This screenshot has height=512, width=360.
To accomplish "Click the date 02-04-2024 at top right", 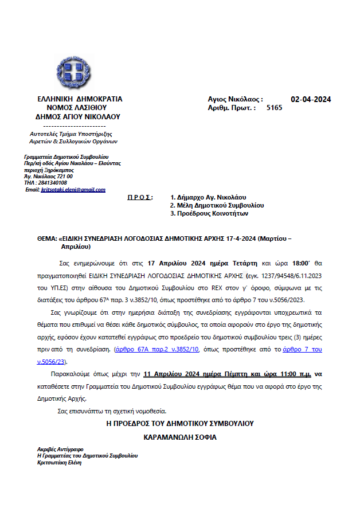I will (311, 99).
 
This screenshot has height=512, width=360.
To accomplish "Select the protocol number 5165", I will (274, 107).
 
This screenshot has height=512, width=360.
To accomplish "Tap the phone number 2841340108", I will (51, 183).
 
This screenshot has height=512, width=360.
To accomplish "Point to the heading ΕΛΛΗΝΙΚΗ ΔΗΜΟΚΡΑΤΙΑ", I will (79, 99).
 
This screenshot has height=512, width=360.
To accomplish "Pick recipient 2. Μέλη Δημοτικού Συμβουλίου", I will (217, 205).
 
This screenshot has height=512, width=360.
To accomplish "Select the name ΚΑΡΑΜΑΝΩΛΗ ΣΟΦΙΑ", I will (180, 437).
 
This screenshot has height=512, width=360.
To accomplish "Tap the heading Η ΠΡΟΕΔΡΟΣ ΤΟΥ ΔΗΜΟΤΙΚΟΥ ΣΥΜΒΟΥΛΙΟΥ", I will (180, 423).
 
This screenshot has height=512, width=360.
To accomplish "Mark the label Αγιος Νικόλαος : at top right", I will (235, 99).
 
